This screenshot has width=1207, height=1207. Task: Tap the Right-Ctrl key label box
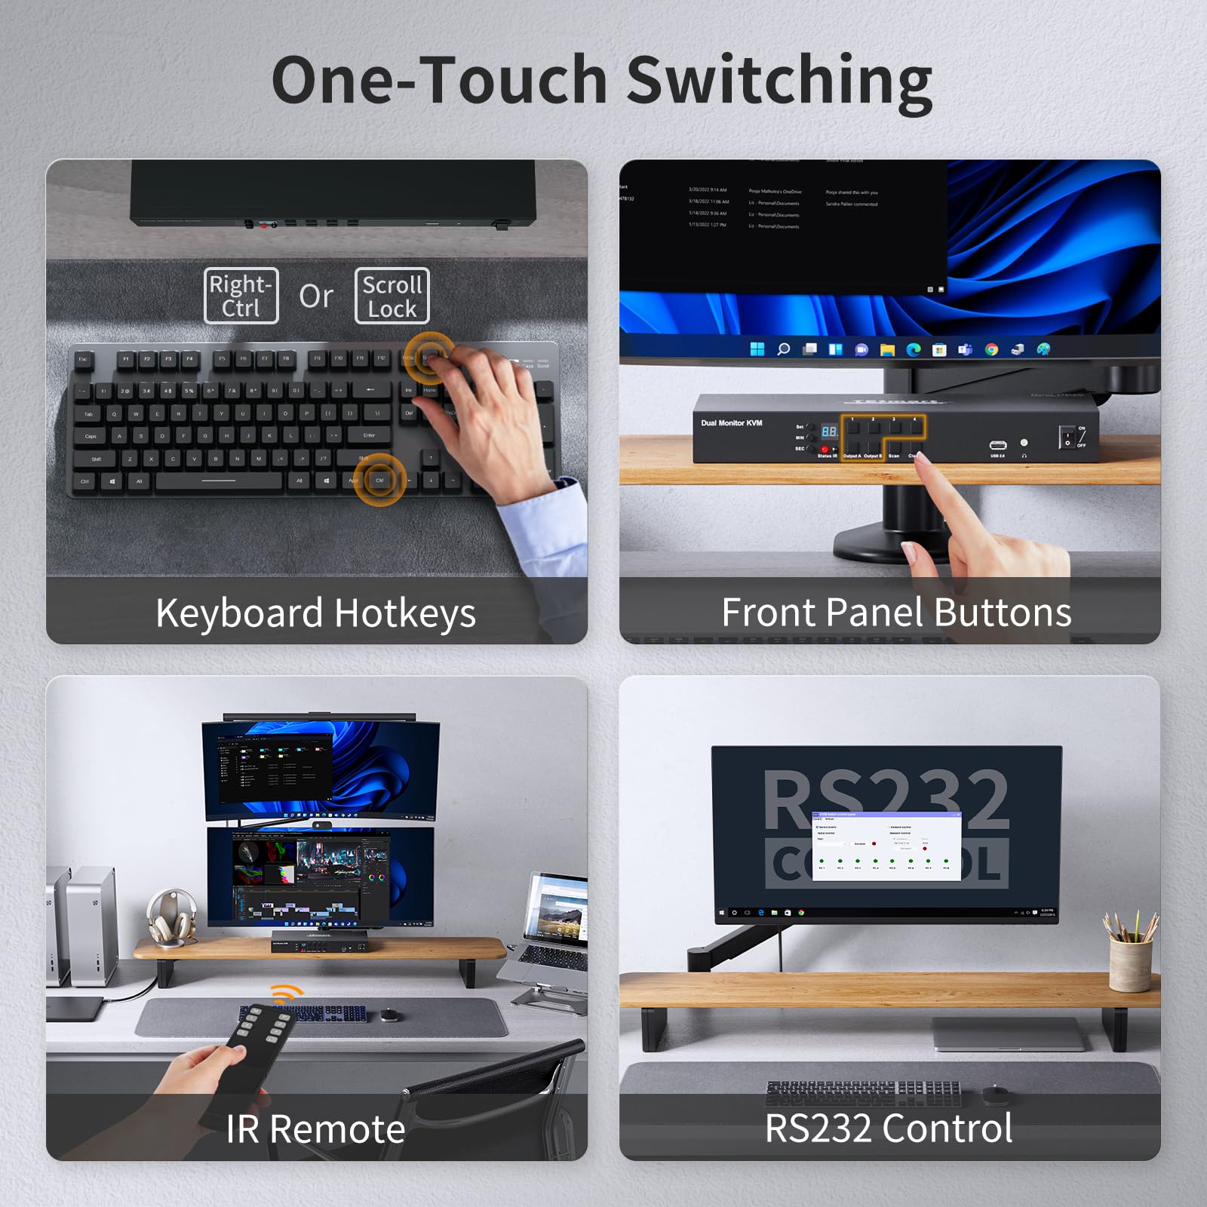[x=241, y=296]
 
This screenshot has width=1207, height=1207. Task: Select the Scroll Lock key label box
[x=392, y=296]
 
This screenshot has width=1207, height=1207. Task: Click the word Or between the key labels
[x=316, y=296]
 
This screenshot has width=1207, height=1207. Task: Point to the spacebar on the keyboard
[x=219, y=481]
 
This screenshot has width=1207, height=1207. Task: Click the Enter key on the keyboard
[x=369, y=435]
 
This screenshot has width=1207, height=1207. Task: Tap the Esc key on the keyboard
[x=83, y=359]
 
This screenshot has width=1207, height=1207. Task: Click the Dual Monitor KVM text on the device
[x=731, y=423]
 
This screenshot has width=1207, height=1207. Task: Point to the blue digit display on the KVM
[x=829, y=432]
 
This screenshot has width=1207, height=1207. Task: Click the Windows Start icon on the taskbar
[x=757, y=349]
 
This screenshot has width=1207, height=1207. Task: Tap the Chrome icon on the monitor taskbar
[x=991, y=349]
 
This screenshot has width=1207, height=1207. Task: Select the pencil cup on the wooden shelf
[x=1131, y=962]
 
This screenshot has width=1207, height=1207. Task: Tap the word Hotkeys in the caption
[x=405, y=613]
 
